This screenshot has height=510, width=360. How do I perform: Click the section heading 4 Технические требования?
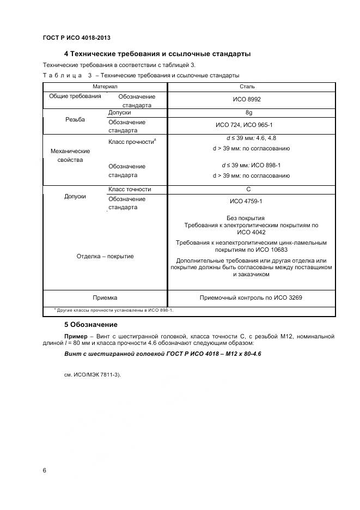click(157, 54)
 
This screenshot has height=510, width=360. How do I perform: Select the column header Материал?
click(105, 87)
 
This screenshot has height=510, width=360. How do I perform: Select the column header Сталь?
click(247, 87)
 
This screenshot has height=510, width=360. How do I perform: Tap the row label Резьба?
click(75, 120)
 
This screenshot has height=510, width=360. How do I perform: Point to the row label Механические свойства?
click(70, 155)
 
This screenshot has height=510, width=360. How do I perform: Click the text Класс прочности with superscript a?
click(132, 142)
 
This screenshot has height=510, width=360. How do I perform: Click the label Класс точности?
click(130, 189)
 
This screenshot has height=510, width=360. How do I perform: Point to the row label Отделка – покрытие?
click(105, 256)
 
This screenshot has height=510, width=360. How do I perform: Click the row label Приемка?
click(105, 298)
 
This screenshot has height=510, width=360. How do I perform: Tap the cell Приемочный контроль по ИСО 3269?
click(251, 298)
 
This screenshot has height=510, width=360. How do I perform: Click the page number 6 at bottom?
click(44, 470)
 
